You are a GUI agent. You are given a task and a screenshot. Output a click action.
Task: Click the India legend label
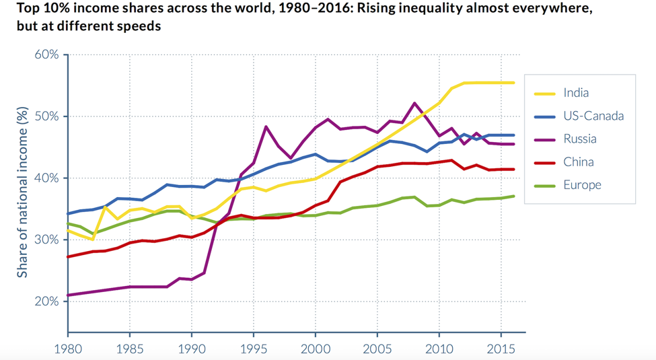click(x=576, y=93)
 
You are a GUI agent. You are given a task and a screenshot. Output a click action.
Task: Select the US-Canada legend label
click(x=593, y=116)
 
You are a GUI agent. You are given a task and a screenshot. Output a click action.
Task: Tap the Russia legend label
click(x=580, y=139)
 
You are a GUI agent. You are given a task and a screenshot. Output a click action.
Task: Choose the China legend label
click(x=578, y=161)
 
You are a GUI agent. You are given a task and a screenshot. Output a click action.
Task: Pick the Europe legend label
click(x=582, y=184)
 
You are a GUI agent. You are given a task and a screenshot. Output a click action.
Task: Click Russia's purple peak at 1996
click(x=266, y=127)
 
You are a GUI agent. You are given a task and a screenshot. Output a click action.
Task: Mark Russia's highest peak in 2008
click(x=414, y=103)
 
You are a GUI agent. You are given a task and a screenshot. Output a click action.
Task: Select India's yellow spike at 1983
click(x=105, y=207)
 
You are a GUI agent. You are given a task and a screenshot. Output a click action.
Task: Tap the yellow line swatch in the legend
click(x=544, y=93)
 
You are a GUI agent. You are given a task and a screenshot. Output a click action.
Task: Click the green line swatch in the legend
click(x=544, y=184)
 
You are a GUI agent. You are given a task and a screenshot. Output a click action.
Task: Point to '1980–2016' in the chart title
click(x=247, y=9)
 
